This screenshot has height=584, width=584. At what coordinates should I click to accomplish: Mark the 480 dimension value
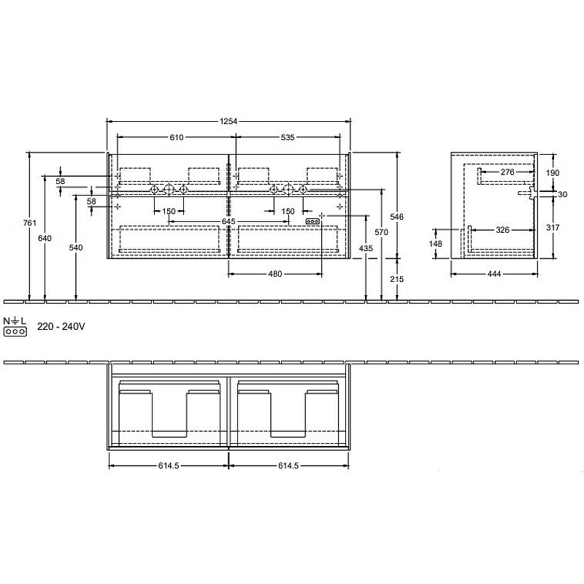(x=274, y=274)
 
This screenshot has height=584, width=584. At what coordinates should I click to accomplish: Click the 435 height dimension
(x=366, y=250)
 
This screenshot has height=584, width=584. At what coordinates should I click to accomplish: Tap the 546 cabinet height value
(x=397, y=217)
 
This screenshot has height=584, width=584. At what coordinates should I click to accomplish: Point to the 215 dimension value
(x=397, y=279)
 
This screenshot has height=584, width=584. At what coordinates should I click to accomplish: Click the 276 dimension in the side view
(x=507, y=172)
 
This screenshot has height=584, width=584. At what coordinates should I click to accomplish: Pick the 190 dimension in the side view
(x=553, y=172)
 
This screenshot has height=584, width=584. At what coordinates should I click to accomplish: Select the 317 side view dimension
(x=553, y=228)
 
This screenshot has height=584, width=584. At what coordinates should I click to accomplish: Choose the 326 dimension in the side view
(x=502, y=231)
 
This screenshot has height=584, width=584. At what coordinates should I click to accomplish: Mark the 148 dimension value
(x=437, y=244)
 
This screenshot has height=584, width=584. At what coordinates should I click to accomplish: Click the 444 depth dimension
(x=494, y=274)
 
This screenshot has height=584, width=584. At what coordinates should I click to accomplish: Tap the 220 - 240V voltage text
(x=62, y=327)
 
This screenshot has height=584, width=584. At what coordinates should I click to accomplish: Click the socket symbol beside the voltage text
(x=15, y=331)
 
